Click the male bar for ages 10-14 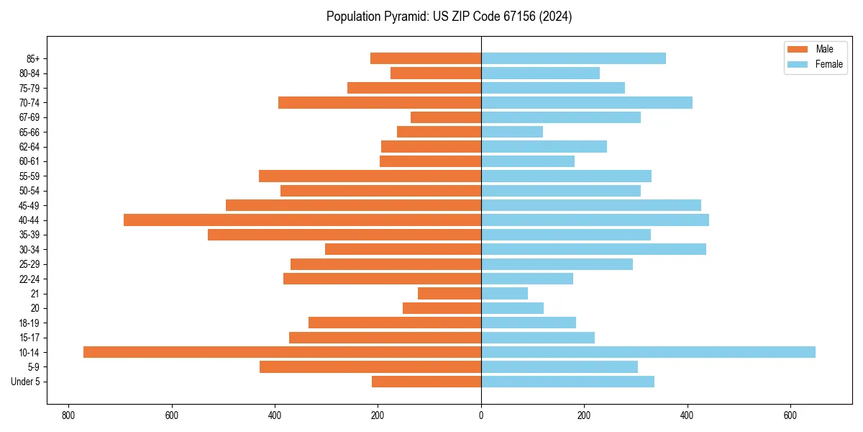(282, 352)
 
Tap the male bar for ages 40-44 (302, 220)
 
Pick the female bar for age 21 (504, 293)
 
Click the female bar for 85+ (573, 58)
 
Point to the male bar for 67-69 (446, 117)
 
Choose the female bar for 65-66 (512, 132)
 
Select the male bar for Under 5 (426, 382)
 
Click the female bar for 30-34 (593, 249)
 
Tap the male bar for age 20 (442, 308)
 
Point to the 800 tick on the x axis (68, 415)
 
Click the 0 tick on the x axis (481, 415)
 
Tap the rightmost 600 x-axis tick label (790, 415)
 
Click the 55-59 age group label (29, 176)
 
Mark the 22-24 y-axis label (29, 279)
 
